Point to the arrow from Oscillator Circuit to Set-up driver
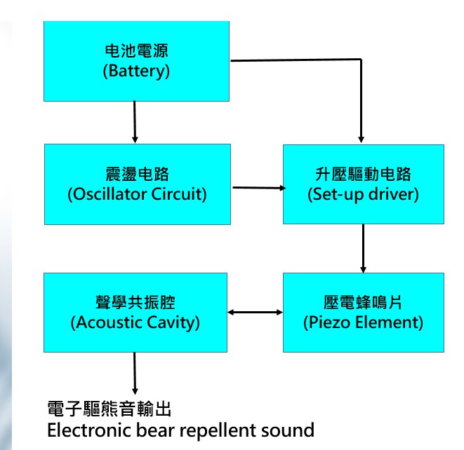[257, 188]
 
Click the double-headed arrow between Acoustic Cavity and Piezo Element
[256, 312]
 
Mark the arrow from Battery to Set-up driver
[359, 91]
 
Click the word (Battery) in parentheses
[137, 71]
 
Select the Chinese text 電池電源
[137, 51]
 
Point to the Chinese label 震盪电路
[137, 174]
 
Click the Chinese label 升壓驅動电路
[363, 174]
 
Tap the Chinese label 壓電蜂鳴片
[363, 303]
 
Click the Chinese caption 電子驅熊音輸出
[108, 409]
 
